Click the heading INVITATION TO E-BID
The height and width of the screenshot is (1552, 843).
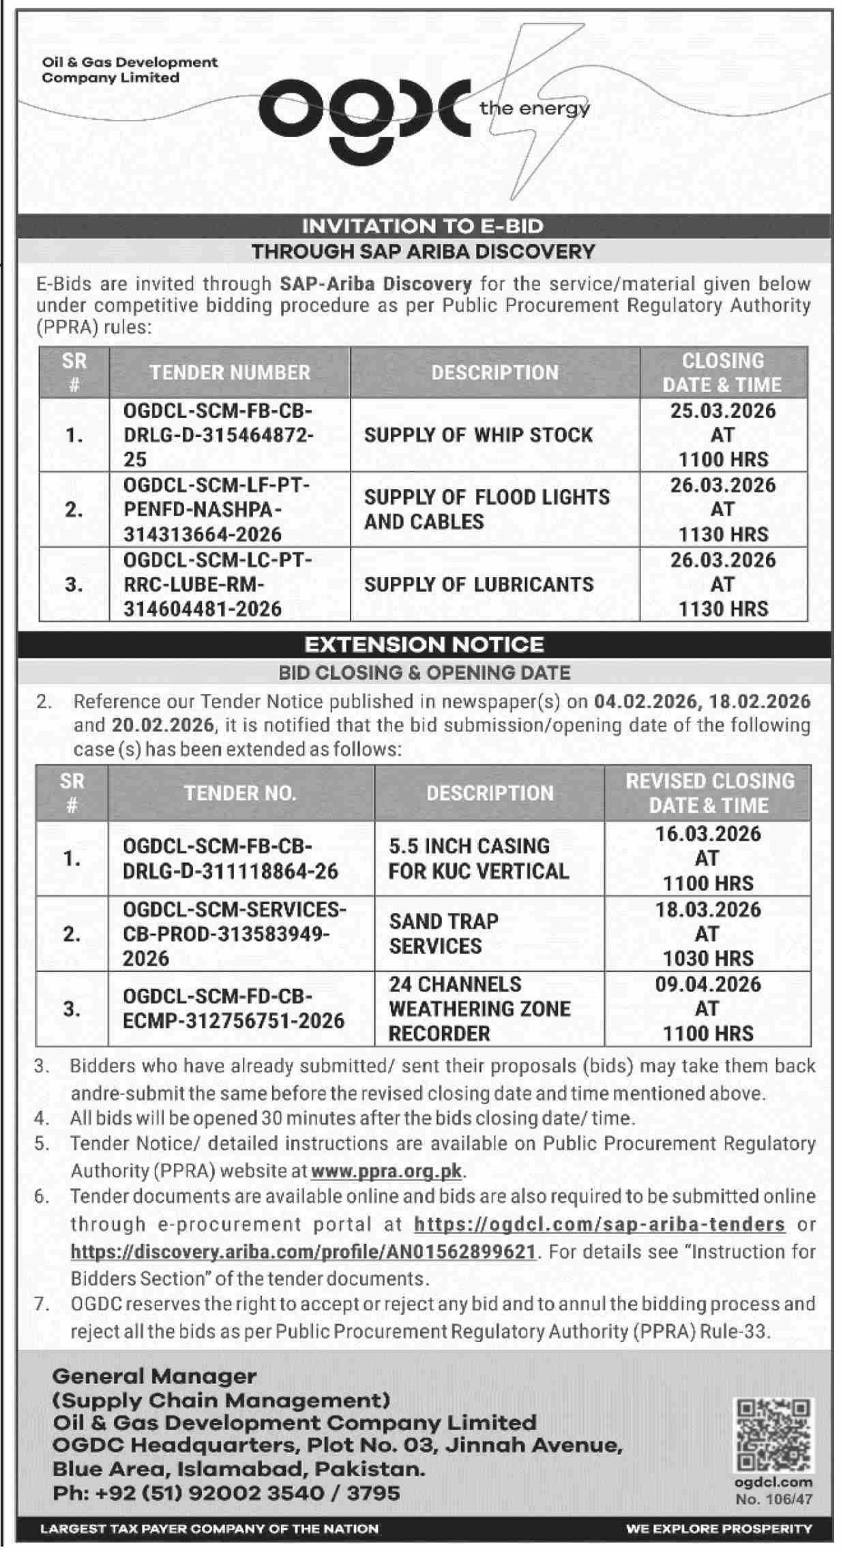423,226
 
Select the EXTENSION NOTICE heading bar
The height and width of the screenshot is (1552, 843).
423,644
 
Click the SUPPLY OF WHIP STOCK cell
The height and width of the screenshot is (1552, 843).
478,435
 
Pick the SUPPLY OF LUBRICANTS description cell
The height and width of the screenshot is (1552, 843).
478,584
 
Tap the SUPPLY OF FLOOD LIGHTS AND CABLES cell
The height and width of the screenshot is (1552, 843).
486,509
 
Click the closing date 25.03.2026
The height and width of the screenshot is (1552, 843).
723,411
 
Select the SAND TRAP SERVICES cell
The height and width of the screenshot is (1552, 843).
443,934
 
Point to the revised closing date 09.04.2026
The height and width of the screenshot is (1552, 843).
708,984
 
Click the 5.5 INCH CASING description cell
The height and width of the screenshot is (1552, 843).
478,859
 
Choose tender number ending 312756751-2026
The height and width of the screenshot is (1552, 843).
233,1008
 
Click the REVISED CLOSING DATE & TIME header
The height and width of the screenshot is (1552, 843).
709,793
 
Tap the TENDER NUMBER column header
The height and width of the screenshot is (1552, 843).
230,372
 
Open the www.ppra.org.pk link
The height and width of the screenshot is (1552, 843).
387,1171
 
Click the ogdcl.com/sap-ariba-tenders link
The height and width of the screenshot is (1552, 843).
600,1224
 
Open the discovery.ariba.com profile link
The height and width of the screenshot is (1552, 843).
303,1251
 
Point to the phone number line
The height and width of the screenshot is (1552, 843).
226,1493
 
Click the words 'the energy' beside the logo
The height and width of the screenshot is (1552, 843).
534,108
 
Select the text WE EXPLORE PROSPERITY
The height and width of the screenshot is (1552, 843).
719,1529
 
